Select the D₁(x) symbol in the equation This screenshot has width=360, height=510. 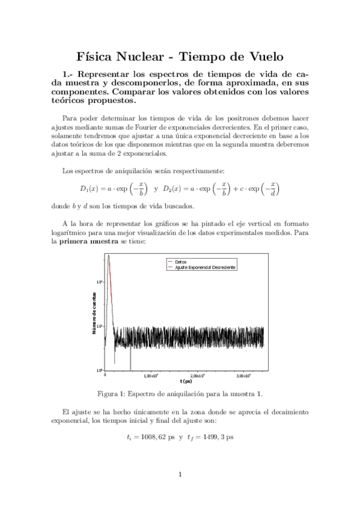pos(91,188)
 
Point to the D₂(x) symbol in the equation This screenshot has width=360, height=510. pos(174,188)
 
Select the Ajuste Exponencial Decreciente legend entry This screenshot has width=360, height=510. pos(205,266)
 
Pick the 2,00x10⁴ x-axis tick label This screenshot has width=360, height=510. pos(198,376)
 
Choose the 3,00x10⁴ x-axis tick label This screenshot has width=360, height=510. pos(245,376)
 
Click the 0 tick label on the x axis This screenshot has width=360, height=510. pos(106,375)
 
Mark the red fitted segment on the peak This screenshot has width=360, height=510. pos(111,274)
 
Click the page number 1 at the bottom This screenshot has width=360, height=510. pos(180,475)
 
